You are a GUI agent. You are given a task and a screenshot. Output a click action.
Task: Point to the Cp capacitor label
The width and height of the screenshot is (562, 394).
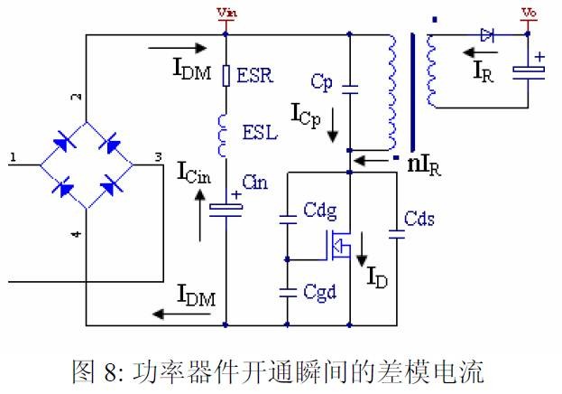coord(322,82)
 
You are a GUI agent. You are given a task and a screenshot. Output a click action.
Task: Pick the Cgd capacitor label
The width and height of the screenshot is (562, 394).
coord(319,293)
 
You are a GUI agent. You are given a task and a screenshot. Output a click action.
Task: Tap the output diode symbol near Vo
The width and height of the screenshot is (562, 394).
coord(488,36)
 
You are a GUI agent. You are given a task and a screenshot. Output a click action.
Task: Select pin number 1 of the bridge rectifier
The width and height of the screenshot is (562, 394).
coord(14,157)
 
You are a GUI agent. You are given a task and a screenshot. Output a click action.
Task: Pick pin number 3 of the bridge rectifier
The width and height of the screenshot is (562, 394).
coord(158,157)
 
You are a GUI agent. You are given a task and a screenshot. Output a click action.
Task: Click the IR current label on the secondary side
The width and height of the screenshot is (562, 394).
coord(484,73)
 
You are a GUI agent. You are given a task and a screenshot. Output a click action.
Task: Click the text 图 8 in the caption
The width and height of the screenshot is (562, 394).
coord(100,371)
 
